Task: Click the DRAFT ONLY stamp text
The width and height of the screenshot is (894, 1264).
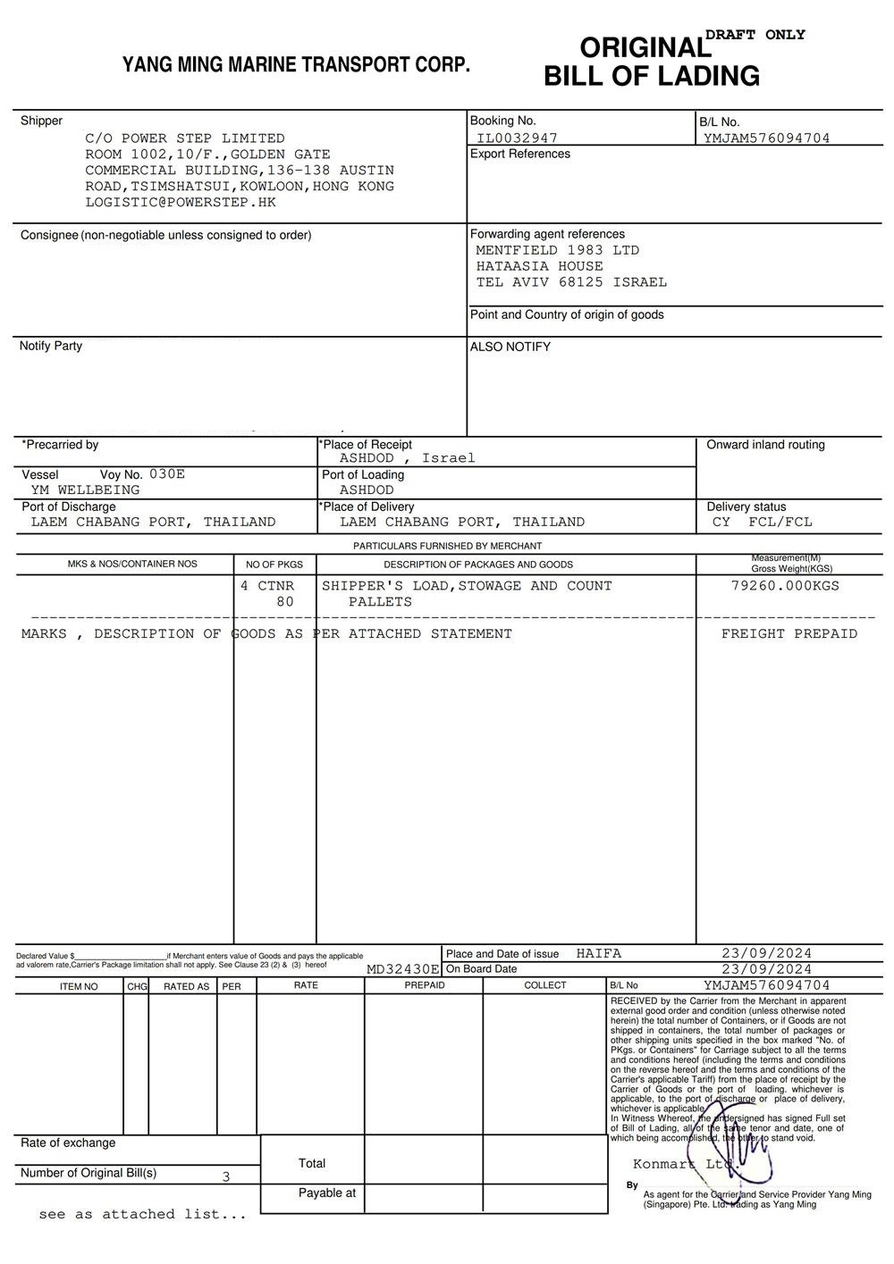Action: (755, 35)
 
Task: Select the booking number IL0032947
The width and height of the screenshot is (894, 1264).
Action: (517, 138)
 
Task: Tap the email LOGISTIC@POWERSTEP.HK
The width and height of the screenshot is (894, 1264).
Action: (181, 202)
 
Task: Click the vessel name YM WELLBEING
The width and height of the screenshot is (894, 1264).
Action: (86, 490)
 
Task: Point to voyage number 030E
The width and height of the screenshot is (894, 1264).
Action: (167, 474)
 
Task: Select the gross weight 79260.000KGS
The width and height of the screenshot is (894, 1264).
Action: (785, 586)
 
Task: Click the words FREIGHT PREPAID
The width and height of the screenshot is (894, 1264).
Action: (789, 633)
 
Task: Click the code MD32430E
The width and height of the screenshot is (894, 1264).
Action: (403, 969)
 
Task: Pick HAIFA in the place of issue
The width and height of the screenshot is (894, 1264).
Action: (599, 953)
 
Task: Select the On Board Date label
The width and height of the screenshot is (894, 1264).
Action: (481, 969)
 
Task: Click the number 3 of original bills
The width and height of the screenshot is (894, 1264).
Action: (226, 1176)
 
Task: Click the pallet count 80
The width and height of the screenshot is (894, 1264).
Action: (285, 602)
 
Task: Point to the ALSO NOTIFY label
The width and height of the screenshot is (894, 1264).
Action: (510, 347)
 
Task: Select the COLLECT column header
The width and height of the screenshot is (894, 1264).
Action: (545, 985)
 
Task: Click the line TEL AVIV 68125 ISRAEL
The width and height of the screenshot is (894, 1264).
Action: (571, 282)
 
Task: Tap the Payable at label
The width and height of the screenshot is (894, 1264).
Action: (327, 1193)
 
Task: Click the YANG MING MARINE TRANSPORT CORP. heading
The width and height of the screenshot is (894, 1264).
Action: (296, 64)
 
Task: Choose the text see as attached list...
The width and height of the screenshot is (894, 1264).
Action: (142, 1214)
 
